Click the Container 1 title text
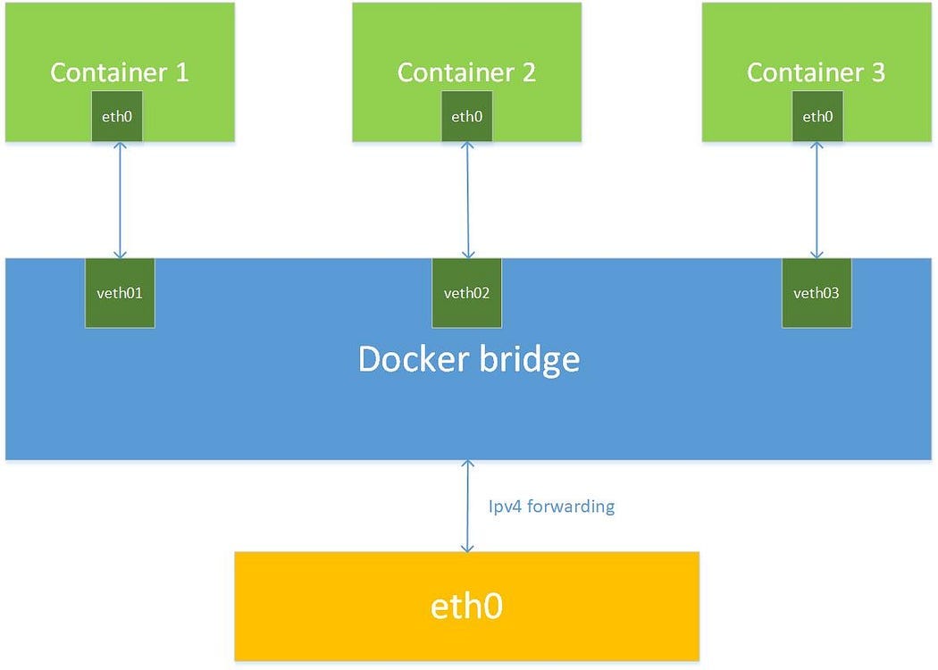[x=119, y=72]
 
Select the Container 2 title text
[x=466, y=72]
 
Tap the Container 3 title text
[x=816, y=72]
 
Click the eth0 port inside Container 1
[x=118, y=116]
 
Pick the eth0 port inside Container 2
[x=466, y=116]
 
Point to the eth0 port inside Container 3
[x=817, y=116]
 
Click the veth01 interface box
[x=120, y=293]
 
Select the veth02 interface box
[x=467, y=293]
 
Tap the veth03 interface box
[x=817, y=293]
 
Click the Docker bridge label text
[x=469, y=359]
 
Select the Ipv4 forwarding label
[x=551, y=507]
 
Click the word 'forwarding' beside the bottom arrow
[x=569, y=507]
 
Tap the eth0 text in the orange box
[x=466, y=607]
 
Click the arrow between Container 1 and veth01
[x=118, y=200]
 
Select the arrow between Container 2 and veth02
[x=466, y=200]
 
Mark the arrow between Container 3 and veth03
[x=816, y=200]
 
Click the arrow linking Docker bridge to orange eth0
[x=466, y=507]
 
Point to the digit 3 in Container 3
[x=877, y=72]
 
